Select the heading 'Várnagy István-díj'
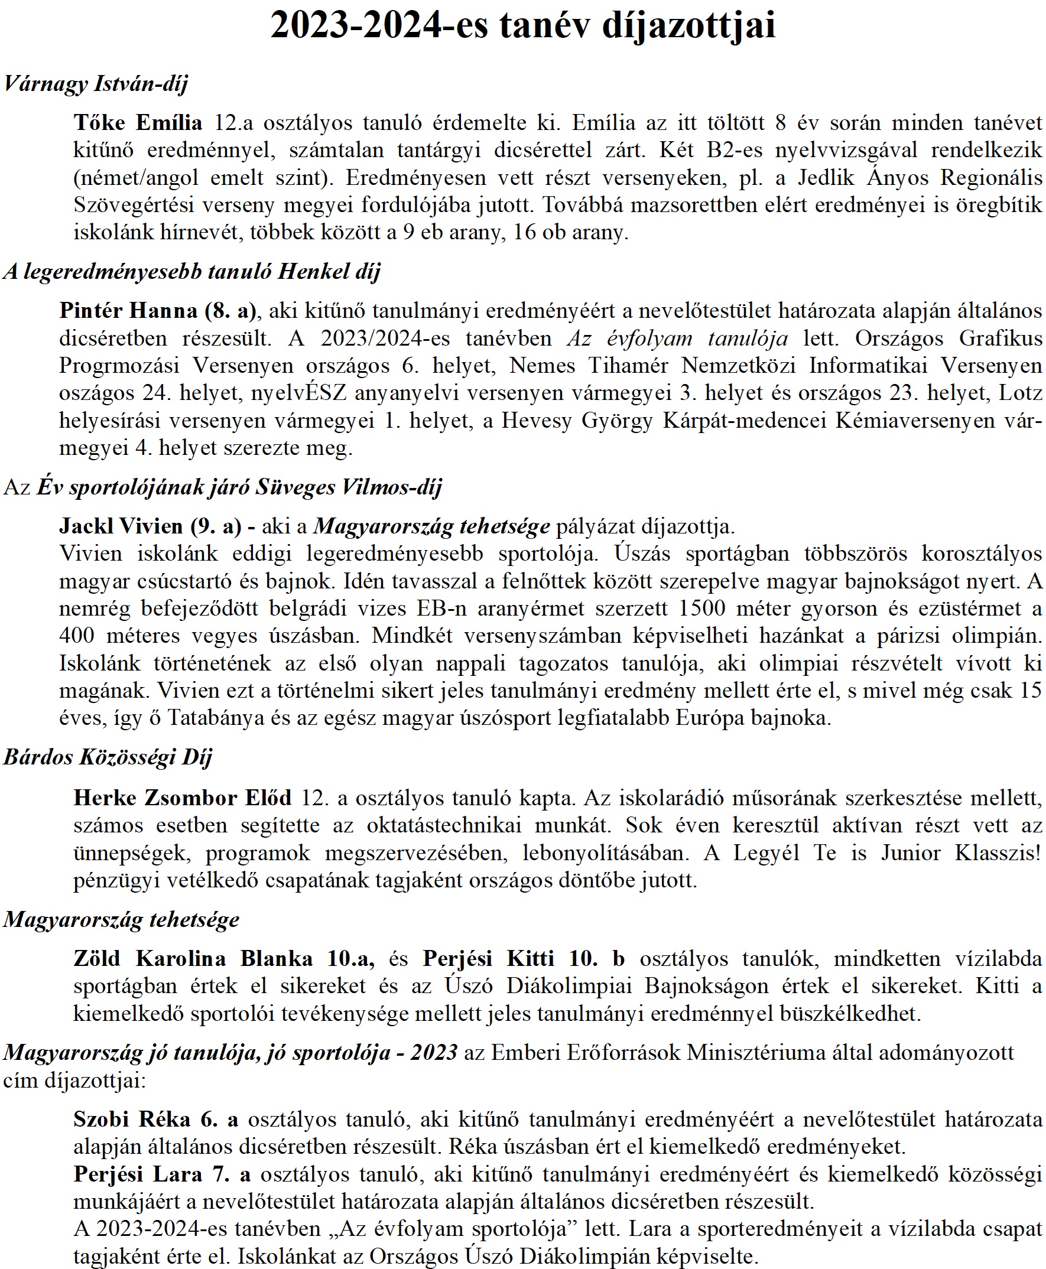point(96,83)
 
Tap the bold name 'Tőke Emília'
point(138,123)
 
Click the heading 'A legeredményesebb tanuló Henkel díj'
point(191,272)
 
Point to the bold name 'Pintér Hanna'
point(128,311)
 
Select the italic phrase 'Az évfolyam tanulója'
point(677,339)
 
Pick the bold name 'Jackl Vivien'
point(121,526)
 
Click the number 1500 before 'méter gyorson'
point(702,609)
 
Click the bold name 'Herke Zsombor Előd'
point(182,798)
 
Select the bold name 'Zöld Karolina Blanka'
point(193,958)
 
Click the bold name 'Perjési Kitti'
point(488,958)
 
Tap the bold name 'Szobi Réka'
point(132,1119)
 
